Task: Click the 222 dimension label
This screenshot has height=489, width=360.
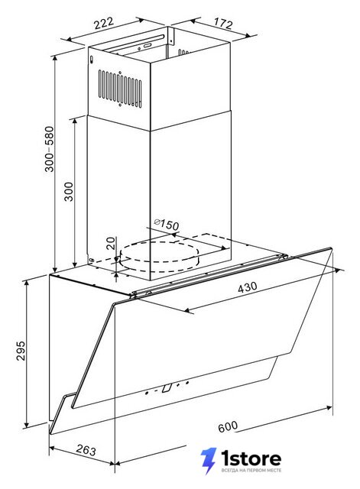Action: tap(104, 23)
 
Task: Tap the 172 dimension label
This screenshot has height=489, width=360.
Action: tap(223, 23)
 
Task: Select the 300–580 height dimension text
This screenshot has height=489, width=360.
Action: tap(49, 149)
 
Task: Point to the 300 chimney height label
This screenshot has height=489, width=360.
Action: tap(69, 192)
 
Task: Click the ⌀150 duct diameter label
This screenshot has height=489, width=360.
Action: tap(167, 224)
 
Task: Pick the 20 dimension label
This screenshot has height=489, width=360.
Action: tap(110, 243)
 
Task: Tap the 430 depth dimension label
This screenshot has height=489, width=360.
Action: tap(248, 287)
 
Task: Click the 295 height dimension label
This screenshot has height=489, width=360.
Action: tap(21, 351)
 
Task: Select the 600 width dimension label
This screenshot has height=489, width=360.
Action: tap(228, 426)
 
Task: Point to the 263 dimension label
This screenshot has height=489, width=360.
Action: tap(86, 450)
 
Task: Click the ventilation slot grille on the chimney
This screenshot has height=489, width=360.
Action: tap(120, 89)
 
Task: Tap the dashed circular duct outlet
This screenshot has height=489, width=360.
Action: tap(159, 256)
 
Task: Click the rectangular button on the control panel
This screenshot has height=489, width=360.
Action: tap(167, 387)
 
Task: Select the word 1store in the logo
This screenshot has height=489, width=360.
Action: tap(251, 458)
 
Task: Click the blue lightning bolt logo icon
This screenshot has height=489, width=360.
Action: tap(209, 461)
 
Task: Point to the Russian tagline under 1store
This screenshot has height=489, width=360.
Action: tap(251, 470)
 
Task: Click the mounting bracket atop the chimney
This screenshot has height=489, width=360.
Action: tap(170, 36)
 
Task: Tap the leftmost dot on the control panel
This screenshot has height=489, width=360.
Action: tap(147, 393)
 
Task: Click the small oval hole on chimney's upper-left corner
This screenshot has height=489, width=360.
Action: tap(92, 60)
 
